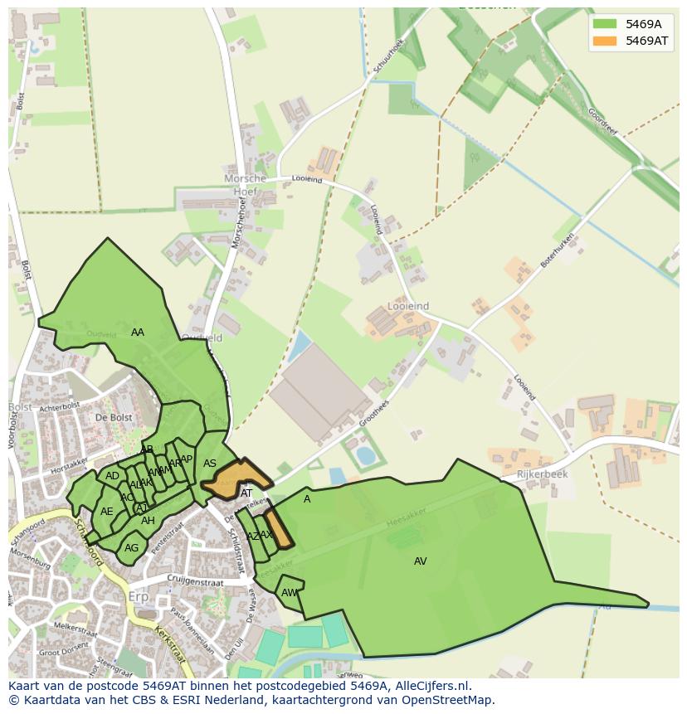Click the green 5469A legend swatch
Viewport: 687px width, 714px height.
pos(605,23)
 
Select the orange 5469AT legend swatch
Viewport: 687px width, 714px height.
pos(605,41)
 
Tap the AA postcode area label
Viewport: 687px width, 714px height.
pos(138,333)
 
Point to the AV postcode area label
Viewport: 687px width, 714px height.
pos(421,561)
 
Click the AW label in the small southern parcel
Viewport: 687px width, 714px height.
pos(289,593)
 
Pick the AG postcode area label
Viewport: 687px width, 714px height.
pos(131,548)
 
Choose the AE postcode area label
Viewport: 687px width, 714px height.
pos(106,512)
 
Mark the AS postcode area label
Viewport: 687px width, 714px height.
pos(210,464)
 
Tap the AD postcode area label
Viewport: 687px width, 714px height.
pos(112,476)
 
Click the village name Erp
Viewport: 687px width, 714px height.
pos(138,597)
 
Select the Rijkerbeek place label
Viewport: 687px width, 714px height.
pos(542,474)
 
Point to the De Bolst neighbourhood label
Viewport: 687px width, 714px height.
pos(114,417)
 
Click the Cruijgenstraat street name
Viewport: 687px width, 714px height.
pos(196,582)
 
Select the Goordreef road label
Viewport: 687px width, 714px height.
pos(603,124)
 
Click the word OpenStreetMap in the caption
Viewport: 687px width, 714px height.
pos(446,700)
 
